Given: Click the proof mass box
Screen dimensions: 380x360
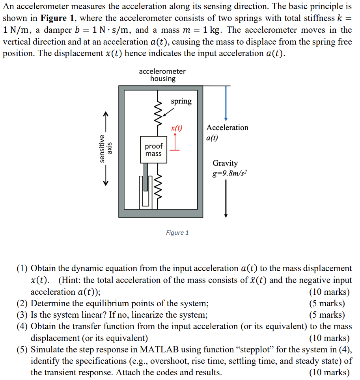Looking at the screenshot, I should pos(153,150).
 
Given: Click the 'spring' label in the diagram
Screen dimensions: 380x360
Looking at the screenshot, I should pos(181,101).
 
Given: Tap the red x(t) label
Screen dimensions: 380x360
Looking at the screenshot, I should pos(176,128).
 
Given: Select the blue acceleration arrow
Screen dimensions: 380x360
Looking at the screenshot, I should pos(226,103).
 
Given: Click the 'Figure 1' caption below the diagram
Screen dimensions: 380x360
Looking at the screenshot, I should pos(177,232).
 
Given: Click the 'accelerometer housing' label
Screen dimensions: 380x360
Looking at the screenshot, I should pos(162,75).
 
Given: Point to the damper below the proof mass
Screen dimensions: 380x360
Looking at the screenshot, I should pos(145,185).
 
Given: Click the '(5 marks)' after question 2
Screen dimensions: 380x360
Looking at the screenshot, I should pos(327,303).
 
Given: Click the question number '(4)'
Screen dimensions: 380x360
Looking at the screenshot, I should pos(22,326).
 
